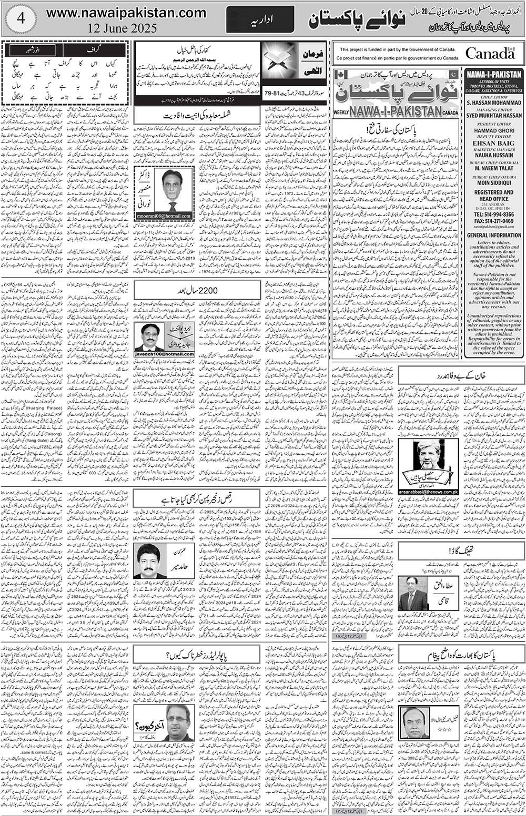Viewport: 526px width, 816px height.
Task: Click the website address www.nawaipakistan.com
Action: click(126, 13)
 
